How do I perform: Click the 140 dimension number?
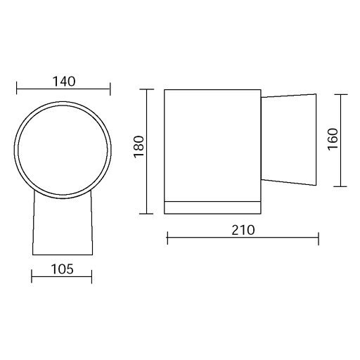coord(64,82)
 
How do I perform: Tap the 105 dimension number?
coord(62,269)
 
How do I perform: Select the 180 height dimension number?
coord(139,147)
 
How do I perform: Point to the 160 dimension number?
coord(333,139)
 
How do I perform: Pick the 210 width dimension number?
coord(243,230)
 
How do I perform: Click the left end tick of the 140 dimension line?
coord(17,89)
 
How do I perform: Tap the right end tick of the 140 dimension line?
coord(110,89)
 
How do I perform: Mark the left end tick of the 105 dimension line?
coord(32,276)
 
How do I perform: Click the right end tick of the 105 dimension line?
coord(91,276)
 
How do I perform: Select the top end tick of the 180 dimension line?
coord(146,89)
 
